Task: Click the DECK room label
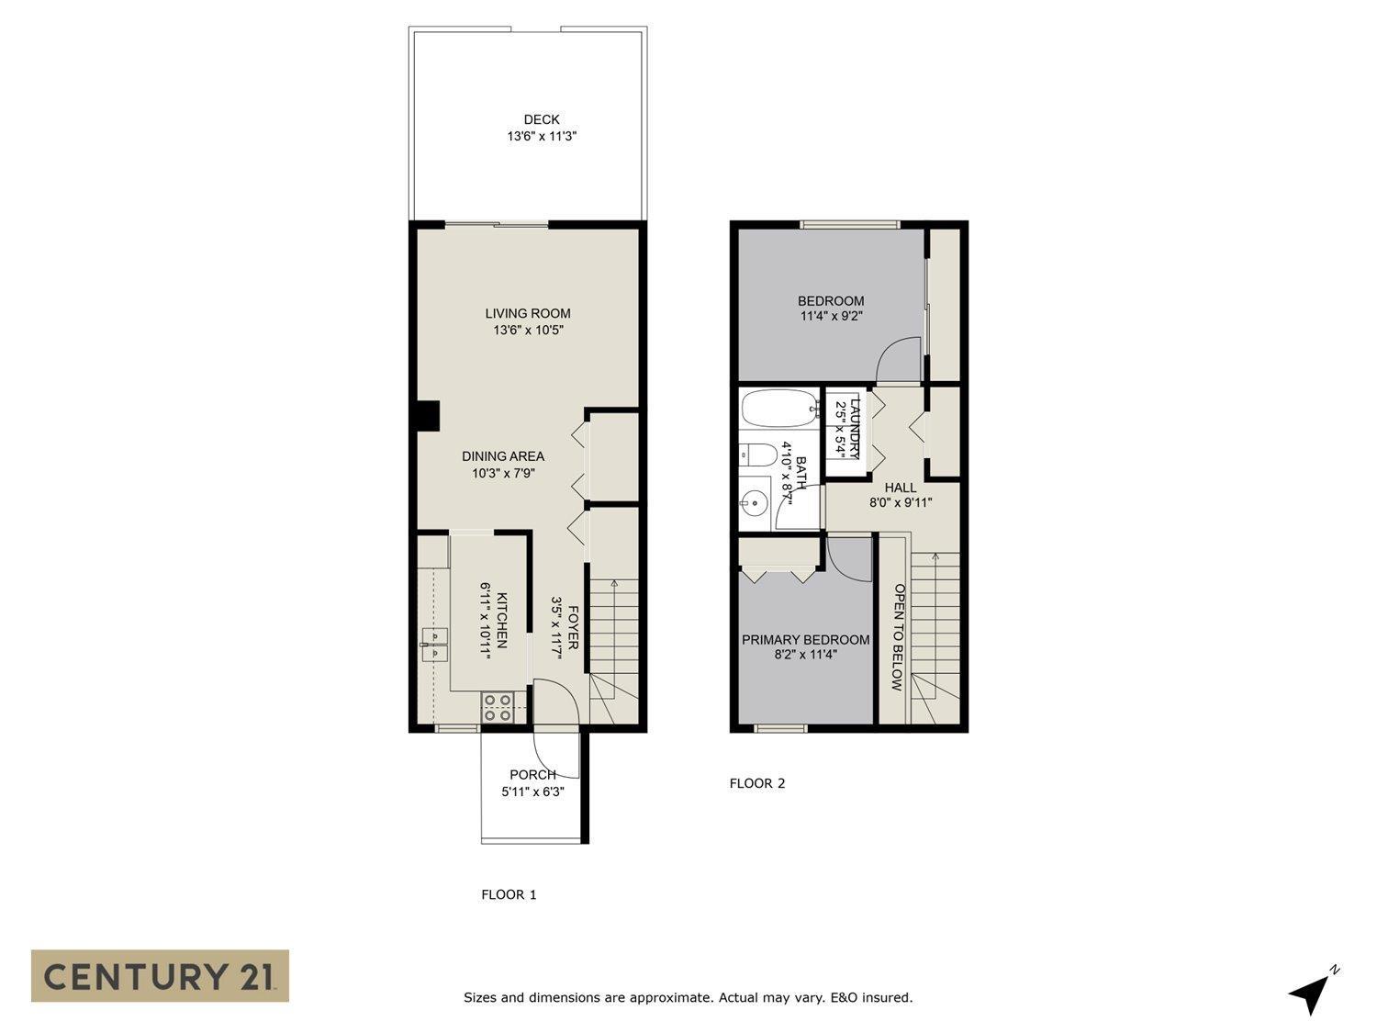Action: pyautogui.click(x=542, y=119)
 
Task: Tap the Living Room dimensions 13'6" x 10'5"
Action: pyautogui.click(x=528, y=331)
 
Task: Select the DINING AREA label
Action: pyautogui.click(x=502, y=456)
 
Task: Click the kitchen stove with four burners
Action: pyautogui.click(x=498, y=707)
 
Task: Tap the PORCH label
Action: pyautogui.click(x=532, y=775)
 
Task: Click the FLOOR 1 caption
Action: pyautogui.click(x=509, y=894)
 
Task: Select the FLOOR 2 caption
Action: pyautogui.click(x=757, y=783)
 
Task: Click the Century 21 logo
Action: pyautogui.click(x=160, y=975)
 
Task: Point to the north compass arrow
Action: pyautogui.click(x=1311, y=994)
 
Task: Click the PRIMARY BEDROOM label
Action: pyautogui.click(x=805, y=640)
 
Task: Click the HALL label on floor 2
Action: pyautogui.click(x=901, y=488)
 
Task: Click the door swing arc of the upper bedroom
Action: pyautogui.click(x=898, y=359)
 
